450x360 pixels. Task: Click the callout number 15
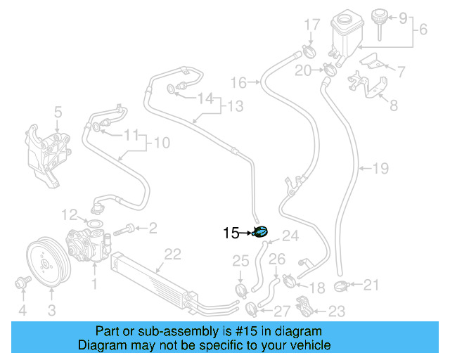pos(231,233)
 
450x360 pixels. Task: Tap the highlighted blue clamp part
pos(260,232)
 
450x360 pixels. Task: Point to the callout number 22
pos(172,254)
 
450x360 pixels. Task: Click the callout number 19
pos(380,169)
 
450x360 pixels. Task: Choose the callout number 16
pos(239,83)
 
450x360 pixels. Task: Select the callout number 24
pos(291,236)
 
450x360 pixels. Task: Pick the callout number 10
pos(162,143)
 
